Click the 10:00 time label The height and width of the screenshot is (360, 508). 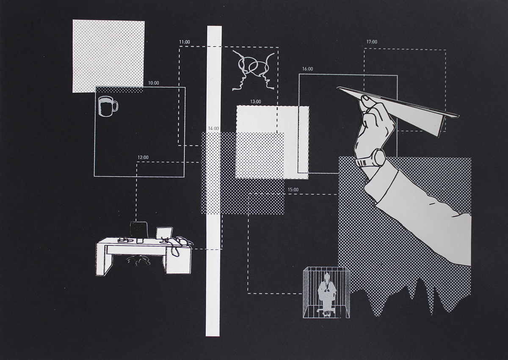click(x=154, y=83)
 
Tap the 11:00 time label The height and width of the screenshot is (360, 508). click(x=185, y=42)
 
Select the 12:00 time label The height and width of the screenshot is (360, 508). click(x=143, y=157)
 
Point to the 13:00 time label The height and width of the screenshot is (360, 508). click(x=256, y=102)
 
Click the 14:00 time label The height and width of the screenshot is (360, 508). click(x=214, y=129)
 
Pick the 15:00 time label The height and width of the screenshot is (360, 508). click(x=293, y=190)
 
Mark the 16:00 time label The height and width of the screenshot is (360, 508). click(x=307, y=69)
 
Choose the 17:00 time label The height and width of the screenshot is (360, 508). click(x=372, y=42)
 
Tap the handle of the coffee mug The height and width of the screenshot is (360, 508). click(x=116, y=106)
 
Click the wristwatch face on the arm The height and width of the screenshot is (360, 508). click(x=379, y=157)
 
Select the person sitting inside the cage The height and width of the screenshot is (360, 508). click(x=326, y=295)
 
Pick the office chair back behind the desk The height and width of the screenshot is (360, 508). click(x=139, y=230)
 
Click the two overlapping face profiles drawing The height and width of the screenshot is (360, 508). click(x=253, y=71)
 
